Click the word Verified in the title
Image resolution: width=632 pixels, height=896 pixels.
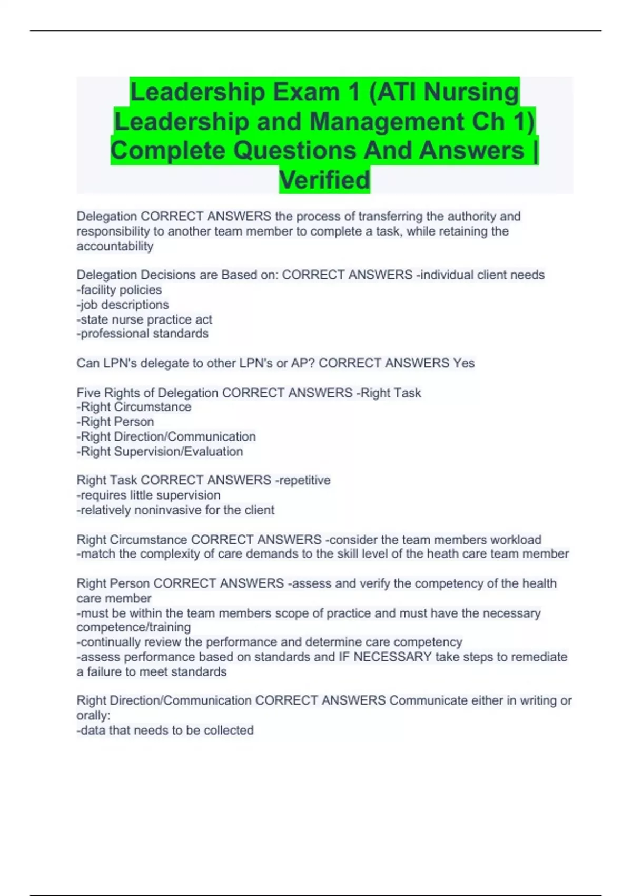pos(324,180)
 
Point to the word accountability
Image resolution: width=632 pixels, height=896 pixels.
pos(115,246)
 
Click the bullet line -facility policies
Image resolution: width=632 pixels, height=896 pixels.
pos(119,290)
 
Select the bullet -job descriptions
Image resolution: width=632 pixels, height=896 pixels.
pos(123,305)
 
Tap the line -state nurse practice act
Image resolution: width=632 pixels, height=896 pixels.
pos(144,319)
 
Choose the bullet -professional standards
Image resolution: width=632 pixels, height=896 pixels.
pos(142,334)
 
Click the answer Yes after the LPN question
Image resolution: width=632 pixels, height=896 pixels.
pos(464,363)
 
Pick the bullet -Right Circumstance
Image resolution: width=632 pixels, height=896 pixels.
pos(134,407)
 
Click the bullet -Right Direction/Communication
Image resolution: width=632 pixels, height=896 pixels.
pos(166,436)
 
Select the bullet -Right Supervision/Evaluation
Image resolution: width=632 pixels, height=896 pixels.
pos(160,452)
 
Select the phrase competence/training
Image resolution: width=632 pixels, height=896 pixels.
pos(134,627)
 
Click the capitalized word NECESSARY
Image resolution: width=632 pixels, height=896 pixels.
pos(392,657)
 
